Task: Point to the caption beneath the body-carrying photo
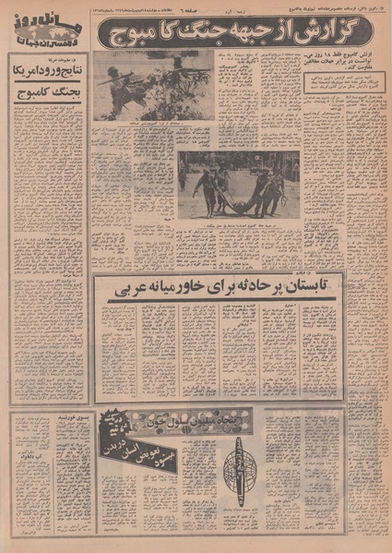click(238, 223)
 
